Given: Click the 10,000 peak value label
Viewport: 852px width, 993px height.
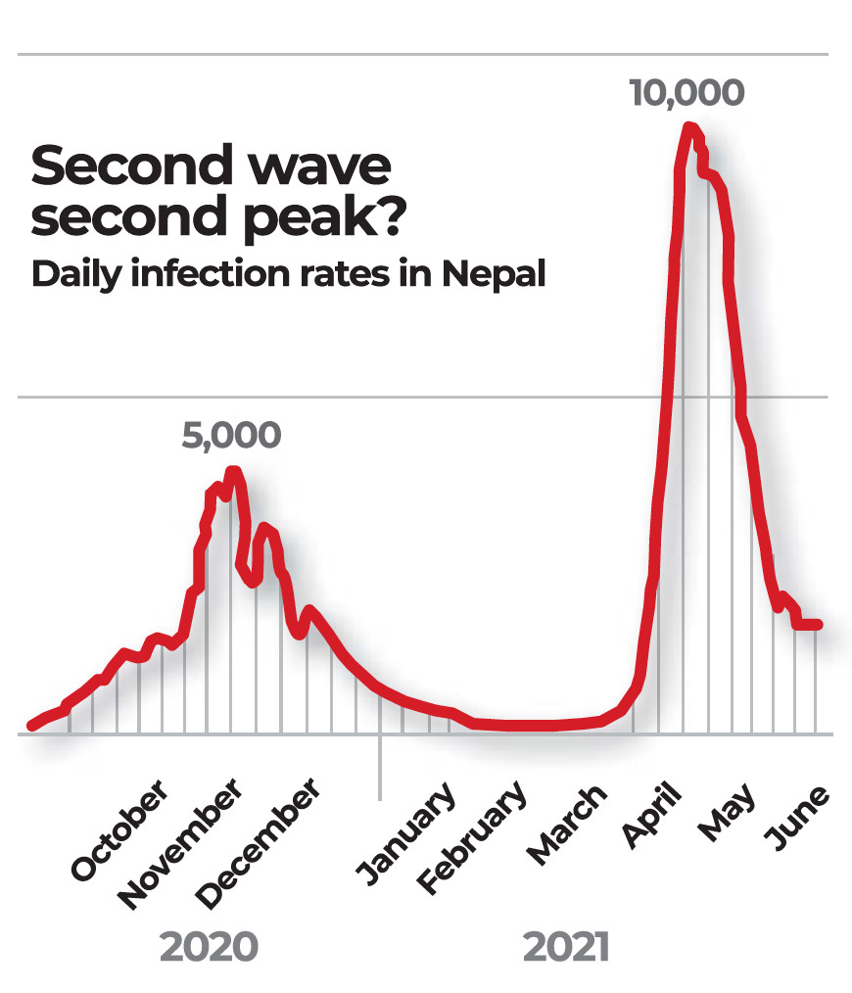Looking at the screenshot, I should point(686,93).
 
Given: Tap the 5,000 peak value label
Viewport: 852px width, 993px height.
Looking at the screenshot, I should point(231,436).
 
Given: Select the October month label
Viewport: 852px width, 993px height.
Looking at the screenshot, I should point(119,831).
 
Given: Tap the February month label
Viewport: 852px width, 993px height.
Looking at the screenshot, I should point(471,839).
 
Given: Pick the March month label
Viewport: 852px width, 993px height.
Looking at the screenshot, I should point(566,826).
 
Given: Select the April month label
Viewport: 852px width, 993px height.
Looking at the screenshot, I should point(650,814).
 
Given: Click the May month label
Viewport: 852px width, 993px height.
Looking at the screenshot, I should point(727,811).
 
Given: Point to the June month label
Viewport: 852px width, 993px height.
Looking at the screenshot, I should point(796,817).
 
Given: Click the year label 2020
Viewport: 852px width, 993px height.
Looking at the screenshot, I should point(209,947).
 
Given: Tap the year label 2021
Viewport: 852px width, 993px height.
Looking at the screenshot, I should point(566,947).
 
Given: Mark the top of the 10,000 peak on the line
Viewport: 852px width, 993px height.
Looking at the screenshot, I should point(690,128).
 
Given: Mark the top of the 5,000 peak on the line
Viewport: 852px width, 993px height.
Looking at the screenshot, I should point(233,473).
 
